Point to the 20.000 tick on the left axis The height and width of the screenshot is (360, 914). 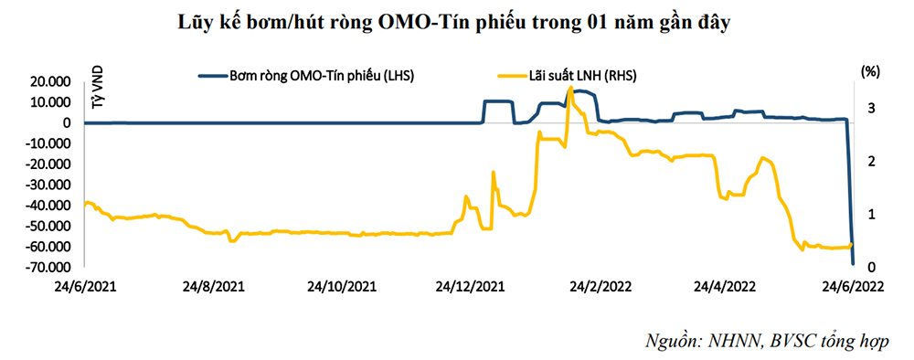point(53,81)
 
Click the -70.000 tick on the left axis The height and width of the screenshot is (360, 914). point(51,267)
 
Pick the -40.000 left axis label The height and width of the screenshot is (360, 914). point(51,205)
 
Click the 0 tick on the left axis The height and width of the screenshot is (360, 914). point(69,122)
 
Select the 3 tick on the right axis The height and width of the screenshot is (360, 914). point(872,108)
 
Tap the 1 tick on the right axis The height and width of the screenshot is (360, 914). point(872,214)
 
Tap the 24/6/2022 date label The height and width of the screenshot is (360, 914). point(853,285)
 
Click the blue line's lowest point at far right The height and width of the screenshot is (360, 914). point(853,264)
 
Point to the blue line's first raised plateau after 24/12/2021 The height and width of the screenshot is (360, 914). point(497,101)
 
